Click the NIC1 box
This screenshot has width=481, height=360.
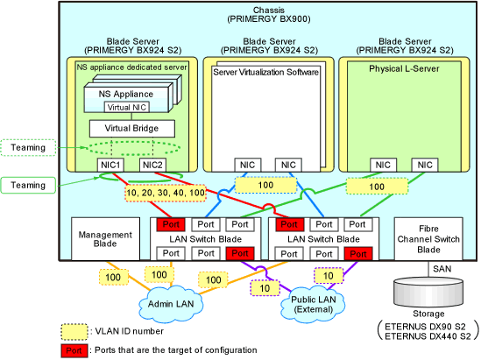(x=110, y=165)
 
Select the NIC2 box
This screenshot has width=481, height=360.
(x=152, y=165)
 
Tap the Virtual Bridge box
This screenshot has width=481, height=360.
(x=132, y=129)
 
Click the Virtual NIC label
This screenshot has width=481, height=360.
(x=127, y=108)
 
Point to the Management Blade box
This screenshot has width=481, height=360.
(x=105, y=239)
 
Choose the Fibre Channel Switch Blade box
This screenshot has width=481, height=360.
(x=428, y=239)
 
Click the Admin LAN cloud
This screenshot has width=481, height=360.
(x=171, y=304)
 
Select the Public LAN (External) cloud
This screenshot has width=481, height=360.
(x=313, y=304)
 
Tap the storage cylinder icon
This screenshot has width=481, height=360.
(x=428, y=293)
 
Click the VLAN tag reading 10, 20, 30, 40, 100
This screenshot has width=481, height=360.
(x=166, y=193)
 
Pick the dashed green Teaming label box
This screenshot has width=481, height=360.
(x=28, y=147)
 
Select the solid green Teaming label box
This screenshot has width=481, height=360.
(x=28, y=185)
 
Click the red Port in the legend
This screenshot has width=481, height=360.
(x=74, y=350)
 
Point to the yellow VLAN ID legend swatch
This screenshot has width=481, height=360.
(x=74, y=332)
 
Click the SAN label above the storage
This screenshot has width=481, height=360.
(x=442, y=269)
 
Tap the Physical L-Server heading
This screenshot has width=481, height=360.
(x=404, y=68)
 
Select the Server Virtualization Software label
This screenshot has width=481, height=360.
(x=265, y=72)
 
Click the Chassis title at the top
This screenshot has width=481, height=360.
(x=269, y=15)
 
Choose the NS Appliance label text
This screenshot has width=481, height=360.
(x=126, y=94)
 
